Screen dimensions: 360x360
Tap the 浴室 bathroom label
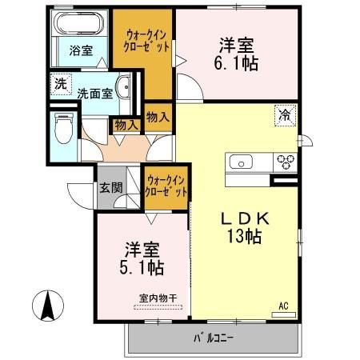tap(80, 51)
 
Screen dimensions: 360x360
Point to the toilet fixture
tap(64, 126)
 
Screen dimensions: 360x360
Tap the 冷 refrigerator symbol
tap(285, 114)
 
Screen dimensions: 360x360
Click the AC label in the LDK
tap(283, 306)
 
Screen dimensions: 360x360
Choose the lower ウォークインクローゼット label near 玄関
tap(166, 186)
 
